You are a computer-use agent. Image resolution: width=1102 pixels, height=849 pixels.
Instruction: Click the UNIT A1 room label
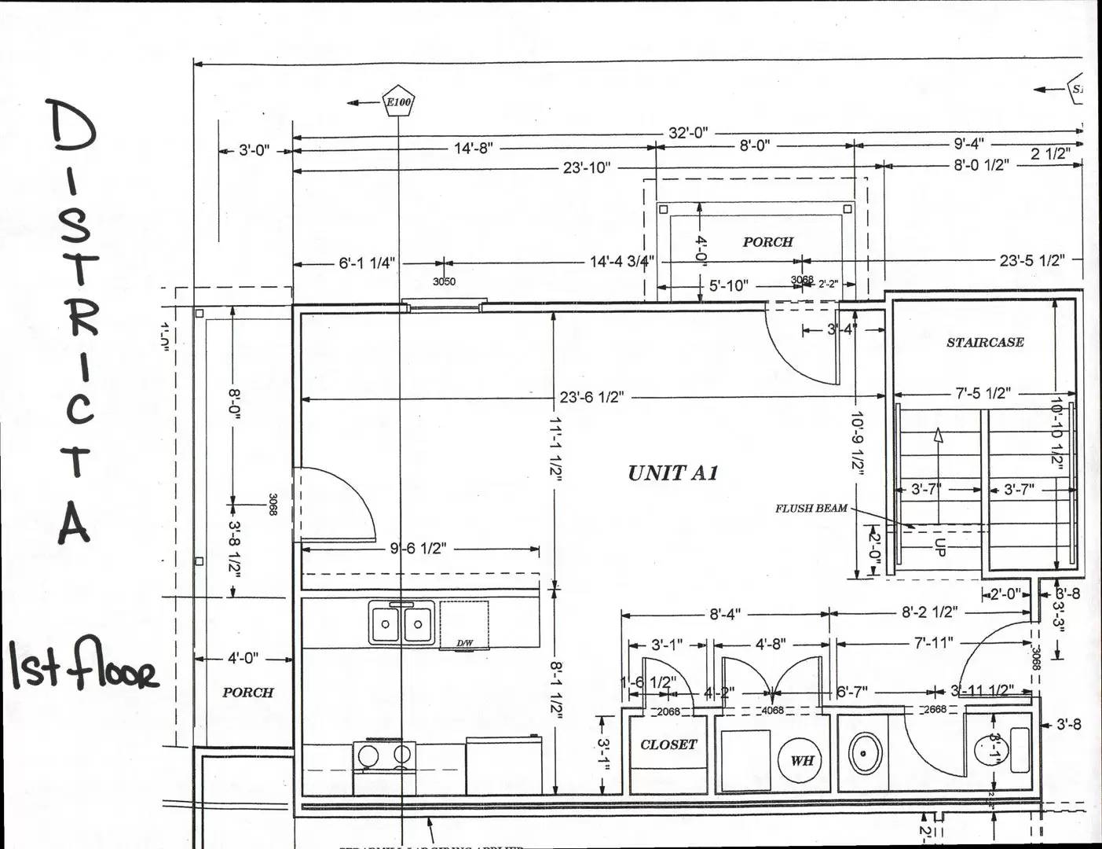672,473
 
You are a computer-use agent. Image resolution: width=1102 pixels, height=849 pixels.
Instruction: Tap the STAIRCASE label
985,343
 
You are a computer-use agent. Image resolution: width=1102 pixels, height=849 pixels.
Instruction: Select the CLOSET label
668,744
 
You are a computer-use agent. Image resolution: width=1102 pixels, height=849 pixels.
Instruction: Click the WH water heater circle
801,760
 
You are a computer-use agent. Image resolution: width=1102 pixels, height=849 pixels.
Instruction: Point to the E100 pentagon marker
398,102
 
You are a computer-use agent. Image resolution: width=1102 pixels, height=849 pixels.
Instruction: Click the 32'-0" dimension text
688,133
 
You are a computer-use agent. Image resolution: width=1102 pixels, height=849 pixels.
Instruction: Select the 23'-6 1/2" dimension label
592,397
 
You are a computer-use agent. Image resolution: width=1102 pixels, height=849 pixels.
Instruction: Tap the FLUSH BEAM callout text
811,509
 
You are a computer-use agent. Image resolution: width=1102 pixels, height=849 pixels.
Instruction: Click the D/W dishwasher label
465,643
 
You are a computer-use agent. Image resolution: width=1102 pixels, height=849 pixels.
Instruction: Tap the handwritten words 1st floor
83,668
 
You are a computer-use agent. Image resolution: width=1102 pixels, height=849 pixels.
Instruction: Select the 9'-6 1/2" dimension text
418,548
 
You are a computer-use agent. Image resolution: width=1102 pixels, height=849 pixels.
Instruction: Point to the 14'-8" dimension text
474,148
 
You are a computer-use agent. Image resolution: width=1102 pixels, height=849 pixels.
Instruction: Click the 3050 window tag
444,281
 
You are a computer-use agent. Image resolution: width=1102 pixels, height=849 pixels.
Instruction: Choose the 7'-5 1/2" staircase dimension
983,393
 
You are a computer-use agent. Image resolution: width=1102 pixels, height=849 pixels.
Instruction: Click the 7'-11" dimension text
933,643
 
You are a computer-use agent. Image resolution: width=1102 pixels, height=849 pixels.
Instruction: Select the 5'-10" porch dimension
729,285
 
